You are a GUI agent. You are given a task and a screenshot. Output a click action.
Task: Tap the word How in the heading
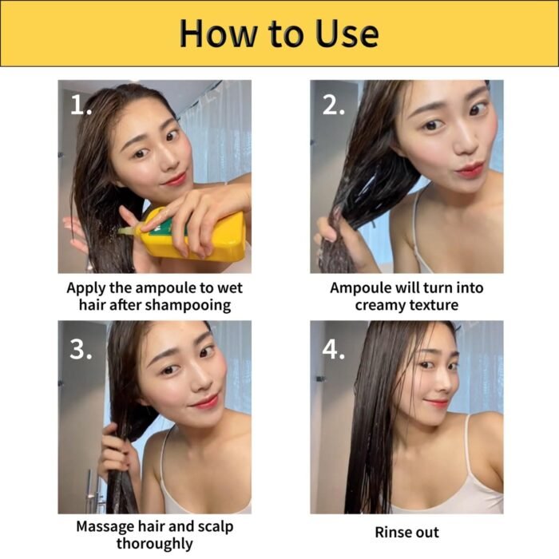(x=217, y=34)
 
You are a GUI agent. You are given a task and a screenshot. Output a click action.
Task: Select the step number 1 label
(x=81, y=105)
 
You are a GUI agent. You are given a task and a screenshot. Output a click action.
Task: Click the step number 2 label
(x=333, y=105)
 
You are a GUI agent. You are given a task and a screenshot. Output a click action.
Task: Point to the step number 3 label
(x=81, y=349)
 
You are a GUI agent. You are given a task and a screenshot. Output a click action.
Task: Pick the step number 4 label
(x=333, y=349)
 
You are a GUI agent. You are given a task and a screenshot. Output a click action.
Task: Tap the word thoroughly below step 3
(x=154, y=544)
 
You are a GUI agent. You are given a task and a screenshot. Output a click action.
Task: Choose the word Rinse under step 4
(x=391, y=533)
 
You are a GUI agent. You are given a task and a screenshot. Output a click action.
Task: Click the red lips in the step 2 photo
(x=470, y=169)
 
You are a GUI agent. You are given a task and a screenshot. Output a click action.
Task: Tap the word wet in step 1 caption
(x=230, y=288)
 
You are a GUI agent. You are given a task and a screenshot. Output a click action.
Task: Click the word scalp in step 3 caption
(x=216, y=526)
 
